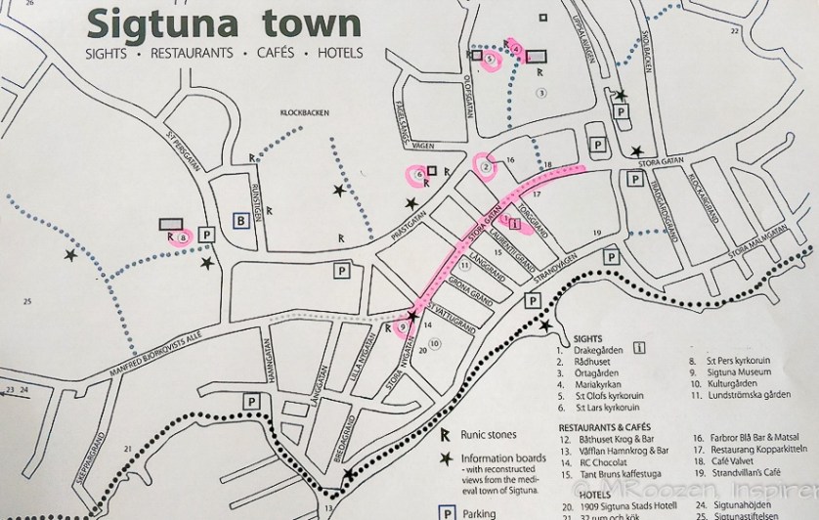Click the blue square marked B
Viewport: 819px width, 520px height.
[239, 221]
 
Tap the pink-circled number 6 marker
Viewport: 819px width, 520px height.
[418, 175]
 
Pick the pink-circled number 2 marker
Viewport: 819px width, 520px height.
[485, 166]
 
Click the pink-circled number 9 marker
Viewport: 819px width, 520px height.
[403, 326]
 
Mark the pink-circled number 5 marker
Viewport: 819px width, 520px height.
[490, 60]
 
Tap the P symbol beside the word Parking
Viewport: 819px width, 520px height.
[447, 509]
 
